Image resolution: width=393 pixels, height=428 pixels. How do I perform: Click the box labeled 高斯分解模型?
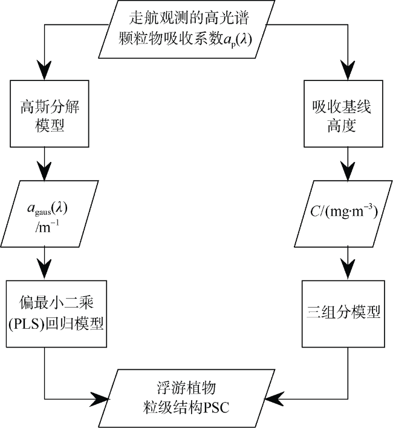50,114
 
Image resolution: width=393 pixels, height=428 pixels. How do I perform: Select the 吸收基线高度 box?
343,114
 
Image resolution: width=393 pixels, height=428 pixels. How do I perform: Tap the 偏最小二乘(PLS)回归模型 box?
56,314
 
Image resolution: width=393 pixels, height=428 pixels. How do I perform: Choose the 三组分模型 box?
343,314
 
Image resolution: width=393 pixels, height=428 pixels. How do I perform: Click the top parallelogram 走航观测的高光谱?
187,29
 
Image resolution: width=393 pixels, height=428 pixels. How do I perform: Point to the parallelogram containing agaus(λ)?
50,214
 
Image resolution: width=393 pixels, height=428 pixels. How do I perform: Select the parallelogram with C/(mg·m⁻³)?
343,214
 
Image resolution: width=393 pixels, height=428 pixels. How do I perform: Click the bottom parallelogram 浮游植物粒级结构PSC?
187,398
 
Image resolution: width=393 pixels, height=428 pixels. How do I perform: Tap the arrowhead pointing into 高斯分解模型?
44,70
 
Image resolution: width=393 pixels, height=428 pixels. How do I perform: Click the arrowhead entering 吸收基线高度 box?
348,70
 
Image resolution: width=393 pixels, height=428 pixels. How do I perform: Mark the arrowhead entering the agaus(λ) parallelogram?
44,171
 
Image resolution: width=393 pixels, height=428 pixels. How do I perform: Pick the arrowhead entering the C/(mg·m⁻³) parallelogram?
348,171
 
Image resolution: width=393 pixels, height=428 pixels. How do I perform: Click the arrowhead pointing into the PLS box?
44,271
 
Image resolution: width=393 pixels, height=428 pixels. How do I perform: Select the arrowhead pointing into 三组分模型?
348,271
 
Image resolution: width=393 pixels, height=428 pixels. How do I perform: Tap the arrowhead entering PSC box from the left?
100,399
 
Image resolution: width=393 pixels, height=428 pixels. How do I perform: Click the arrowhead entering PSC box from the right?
274,399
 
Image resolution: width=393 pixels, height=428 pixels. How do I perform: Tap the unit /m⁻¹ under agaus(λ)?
47,227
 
